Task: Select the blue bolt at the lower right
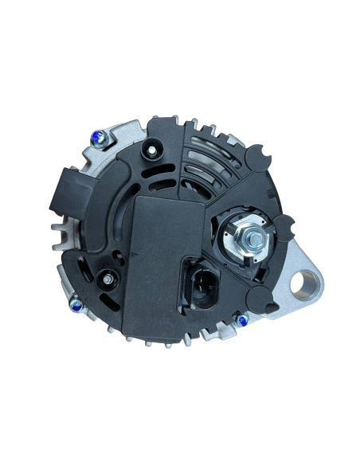point(237,318)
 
